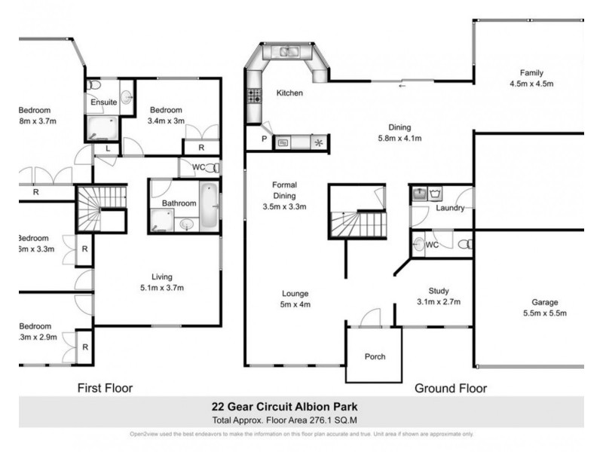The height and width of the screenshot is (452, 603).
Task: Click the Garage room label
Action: click(543, 307)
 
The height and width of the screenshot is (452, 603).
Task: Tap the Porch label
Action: click(375, 356)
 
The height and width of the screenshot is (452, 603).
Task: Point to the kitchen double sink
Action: click(288, 52)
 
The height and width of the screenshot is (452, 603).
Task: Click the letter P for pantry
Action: click(265, 139)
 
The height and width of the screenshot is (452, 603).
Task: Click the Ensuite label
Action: click(103, 102)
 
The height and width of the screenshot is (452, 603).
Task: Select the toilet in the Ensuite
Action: click(93, 85)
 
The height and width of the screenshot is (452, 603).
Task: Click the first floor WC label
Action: click(198, 167)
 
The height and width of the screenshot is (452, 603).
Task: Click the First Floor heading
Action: click(106, 388)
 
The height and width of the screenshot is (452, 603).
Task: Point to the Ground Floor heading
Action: click(451, 388)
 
